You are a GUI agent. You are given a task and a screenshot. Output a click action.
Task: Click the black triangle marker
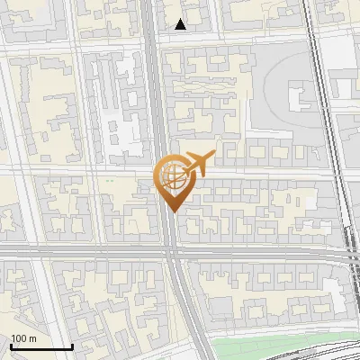[181, 24]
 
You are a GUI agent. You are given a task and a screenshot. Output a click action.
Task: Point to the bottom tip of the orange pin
[171, 213]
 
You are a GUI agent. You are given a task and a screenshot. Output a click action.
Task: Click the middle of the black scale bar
[41, 346]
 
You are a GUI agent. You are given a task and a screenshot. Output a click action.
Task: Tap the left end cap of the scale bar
[11, 346]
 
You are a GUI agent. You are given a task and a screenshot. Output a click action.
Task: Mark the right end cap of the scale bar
[72, 346]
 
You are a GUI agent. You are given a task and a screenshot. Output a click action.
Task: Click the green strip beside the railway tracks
[270, 349]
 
